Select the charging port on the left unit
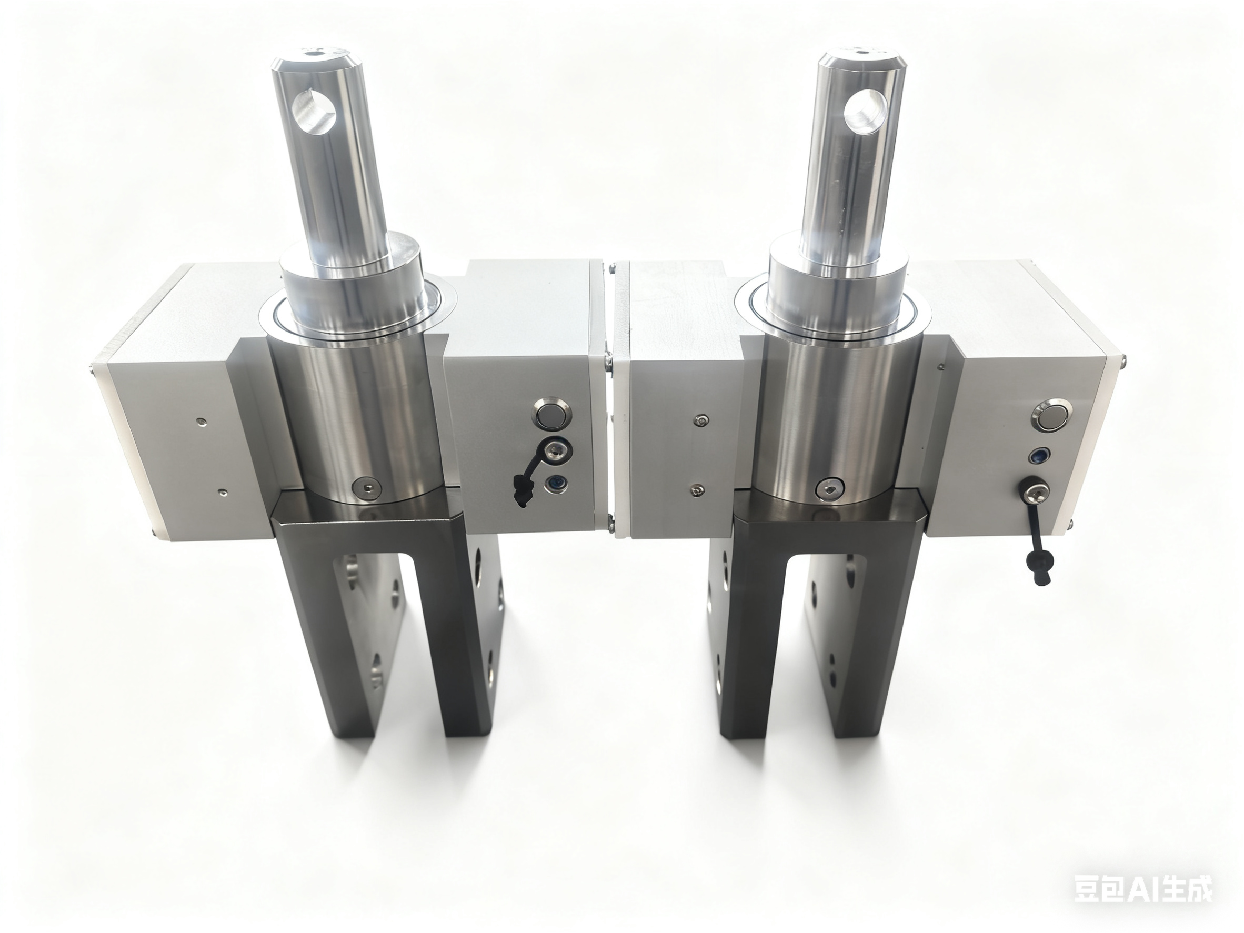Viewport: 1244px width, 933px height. (x=558, y=449)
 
